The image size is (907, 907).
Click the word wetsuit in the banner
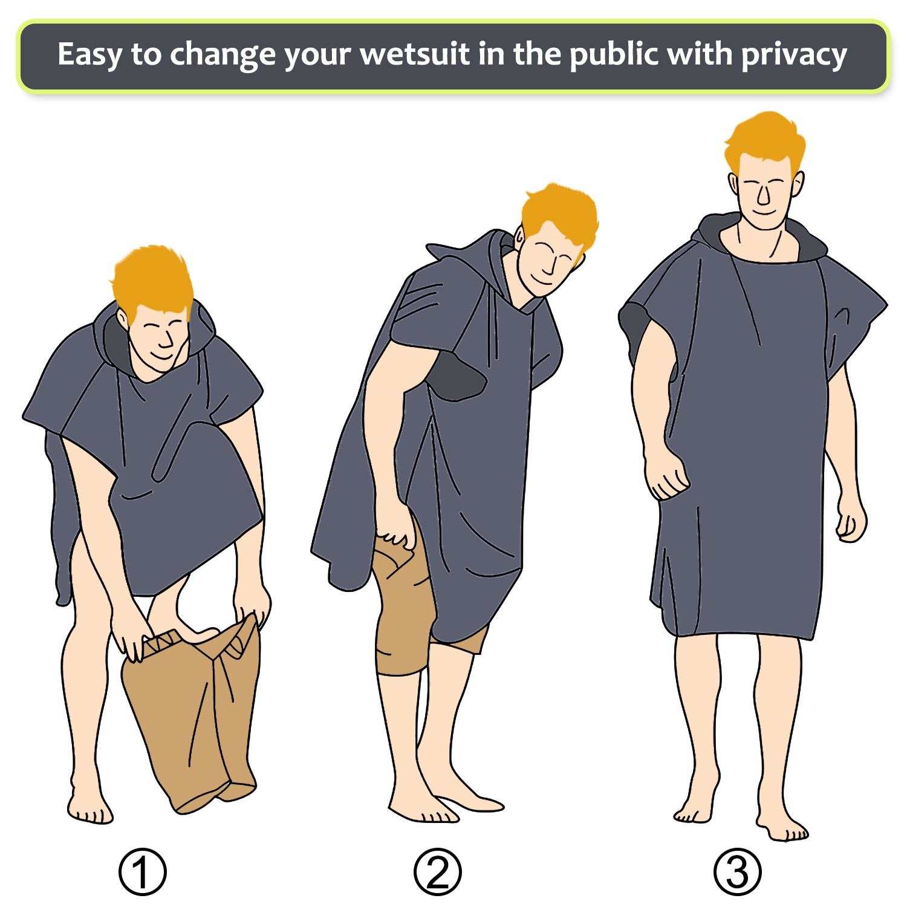(x=415, y=54)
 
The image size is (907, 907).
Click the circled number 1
(x=142, y=871)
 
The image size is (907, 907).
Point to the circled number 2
(x=437, y=871)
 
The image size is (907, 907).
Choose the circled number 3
(x=737, y=871)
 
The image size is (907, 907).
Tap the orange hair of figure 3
(x=765, y=142)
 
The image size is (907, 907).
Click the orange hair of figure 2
(x=559, y=215)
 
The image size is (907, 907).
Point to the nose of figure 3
(x=763, y=197)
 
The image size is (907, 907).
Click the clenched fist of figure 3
(x=666, y=475)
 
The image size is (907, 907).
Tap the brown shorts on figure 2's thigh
(x=402, y=605)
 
